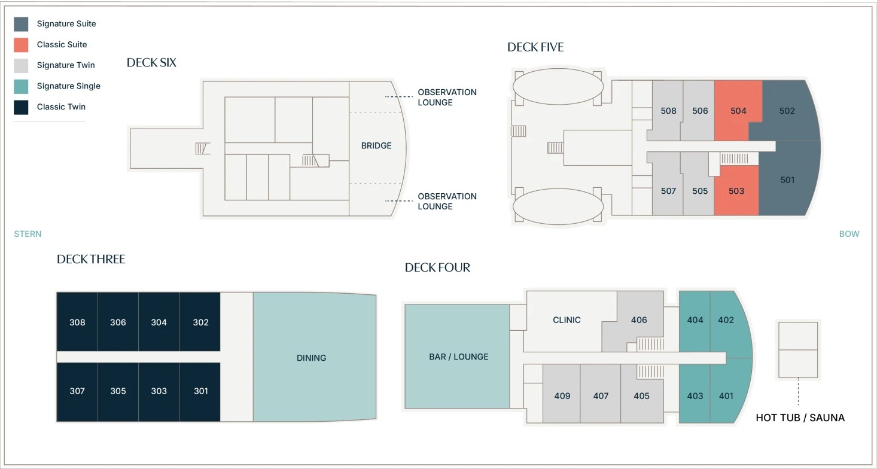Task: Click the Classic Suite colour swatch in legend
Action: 21,45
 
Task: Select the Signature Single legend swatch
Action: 21,86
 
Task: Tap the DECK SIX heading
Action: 151,63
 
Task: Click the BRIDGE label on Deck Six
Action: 376,146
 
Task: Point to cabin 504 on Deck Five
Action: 738,111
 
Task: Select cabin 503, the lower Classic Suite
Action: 736,191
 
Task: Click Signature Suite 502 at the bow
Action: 787,111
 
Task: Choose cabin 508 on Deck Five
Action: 668,111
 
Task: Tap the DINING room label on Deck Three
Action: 311,358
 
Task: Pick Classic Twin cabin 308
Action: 77,322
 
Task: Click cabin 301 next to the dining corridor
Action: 200,391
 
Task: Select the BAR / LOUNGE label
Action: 458,357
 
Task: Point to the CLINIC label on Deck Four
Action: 567,320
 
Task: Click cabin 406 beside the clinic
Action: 639,320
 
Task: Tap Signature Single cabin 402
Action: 726,320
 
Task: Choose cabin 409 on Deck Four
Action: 562,396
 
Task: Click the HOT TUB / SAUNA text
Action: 800,418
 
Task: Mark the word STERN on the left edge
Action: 28,234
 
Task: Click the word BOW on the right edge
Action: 848,234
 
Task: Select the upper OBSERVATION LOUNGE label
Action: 447,97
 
